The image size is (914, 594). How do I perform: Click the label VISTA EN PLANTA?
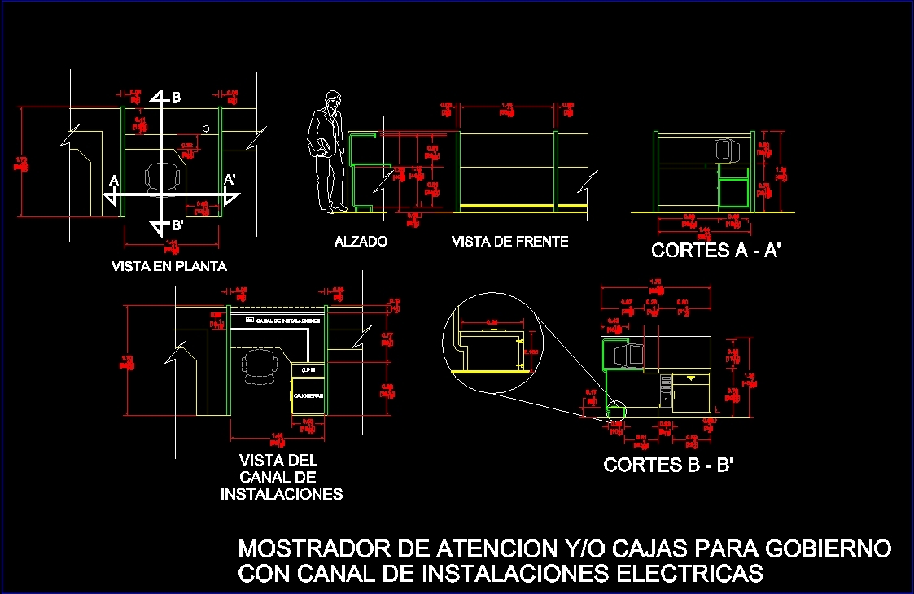pos(169,266)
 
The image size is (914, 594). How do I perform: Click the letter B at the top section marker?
pos(177,98)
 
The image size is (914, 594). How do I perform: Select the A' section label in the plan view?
pos(230,179)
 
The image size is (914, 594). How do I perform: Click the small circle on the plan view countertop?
pos(207,129)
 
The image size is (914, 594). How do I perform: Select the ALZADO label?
pos(361,242)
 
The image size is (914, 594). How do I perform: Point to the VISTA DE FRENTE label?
pos(509,242)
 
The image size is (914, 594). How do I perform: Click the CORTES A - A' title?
pos(716,251)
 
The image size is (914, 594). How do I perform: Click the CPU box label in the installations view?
pos(308,369)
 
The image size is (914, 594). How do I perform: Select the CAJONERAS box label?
pos(308,395)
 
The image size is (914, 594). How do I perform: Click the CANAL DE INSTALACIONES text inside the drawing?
pos(286,321)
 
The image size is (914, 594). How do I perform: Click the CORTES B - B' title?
pos(669,465)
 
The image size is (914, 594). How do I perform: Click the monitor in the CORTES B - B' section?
pos(630,355)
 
